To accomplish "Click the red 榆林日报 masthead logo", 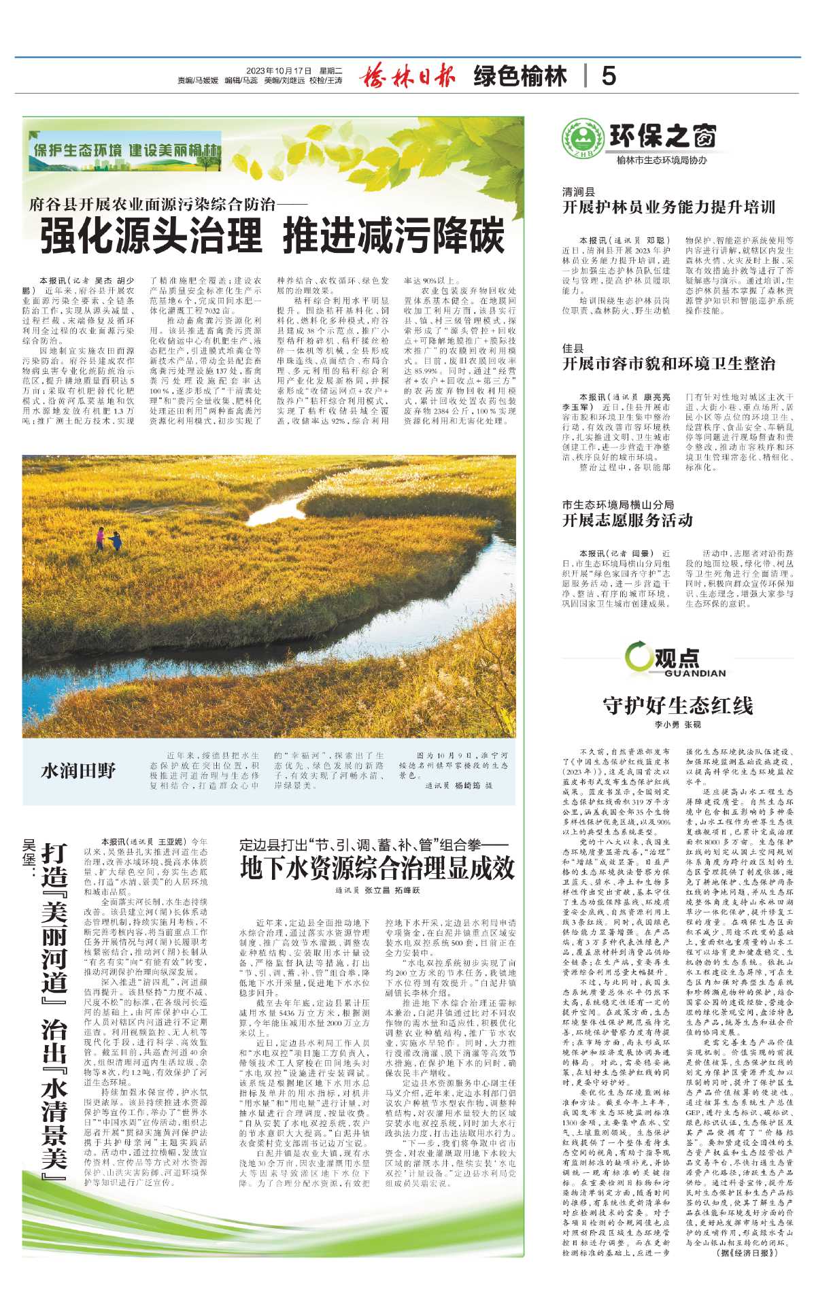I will point(407,75).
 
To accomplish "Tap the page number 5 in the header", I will point(609,76).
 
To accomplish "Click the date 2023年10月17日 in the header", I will point(278,71).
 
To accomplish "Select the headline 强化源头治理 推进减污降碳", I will point(272,236).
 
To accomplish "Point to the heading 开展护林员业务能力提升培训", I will point(668,207).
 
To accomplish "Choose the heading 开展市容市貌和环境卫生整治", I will point(668,364).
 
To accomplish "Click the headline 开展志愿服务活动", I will point(627,520).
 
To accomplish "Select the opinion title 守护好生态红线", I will point(678,705).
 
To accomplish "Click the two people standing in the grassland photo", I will point(108,539).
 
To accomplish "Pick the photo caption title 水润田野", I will point(79,770).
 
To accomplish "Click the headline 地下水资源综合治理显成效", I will point(377,868).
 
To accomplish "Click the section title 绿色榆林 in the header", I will point(520,76).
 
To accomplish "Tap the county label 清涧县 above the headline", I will point(578,192).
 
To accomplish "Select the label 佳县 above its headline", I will point(573,348).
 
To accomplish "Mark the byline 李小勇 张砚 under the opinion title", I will point(677,725).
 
